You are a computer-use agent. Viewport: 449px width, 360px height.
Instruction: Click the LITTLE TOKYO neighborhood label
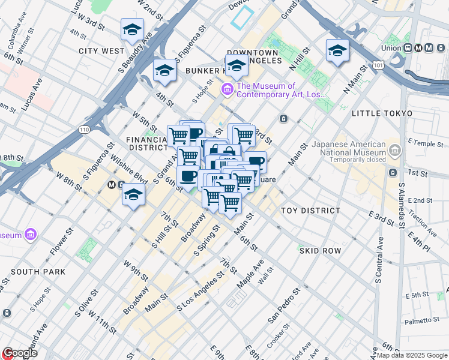pos(382,113)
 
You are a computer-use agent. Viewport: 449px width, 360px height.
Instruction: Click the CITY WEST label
pos(101,51)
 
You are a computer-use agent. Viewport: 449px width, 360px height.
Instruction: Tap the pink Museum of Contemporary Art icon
pos(227,90)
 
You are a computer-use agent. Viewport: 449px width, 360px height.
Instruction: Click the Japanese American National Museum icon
pos(394,149)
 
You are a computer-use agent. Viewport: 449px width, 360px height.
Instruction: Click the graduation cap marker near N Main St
pos(337,50)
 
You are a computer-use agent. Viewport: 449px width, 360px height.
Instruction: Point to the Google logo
pos(20,353)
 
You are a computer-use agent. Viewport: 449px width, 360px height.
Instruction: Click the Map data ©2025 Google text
pos(412,355)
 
